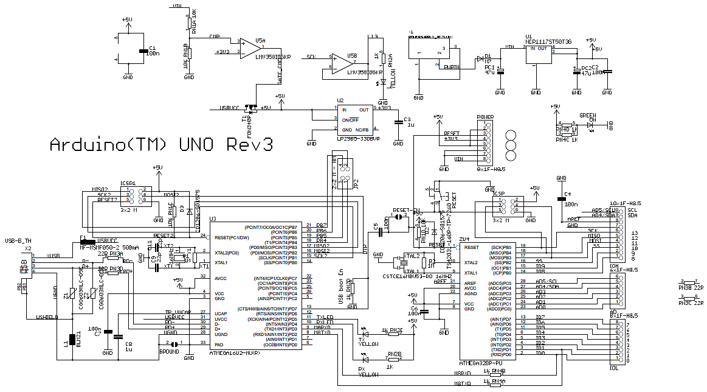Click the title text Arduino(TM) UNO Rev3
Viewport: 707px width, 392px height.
pyautogui.click(x=161, y=145)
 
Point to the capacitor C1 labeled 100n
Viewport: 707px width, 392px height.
pyautogui.click(x=143, y=53)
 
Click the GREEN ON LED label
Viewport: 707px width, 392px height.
pyautogui.click(x=588, y=117)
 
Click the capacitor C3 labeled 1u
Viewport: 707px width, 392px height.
pyautogui.click(x=399, y=122)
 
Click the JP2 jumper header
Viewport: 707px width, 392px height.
pyautogui.click(x=343, y=172)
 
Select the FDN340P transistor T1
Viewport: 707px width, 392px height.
pyautogui.click(x=249, y=110)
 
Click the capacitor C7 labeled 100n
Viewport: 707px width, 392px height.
pyautogui.click(x=108, y=332)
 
